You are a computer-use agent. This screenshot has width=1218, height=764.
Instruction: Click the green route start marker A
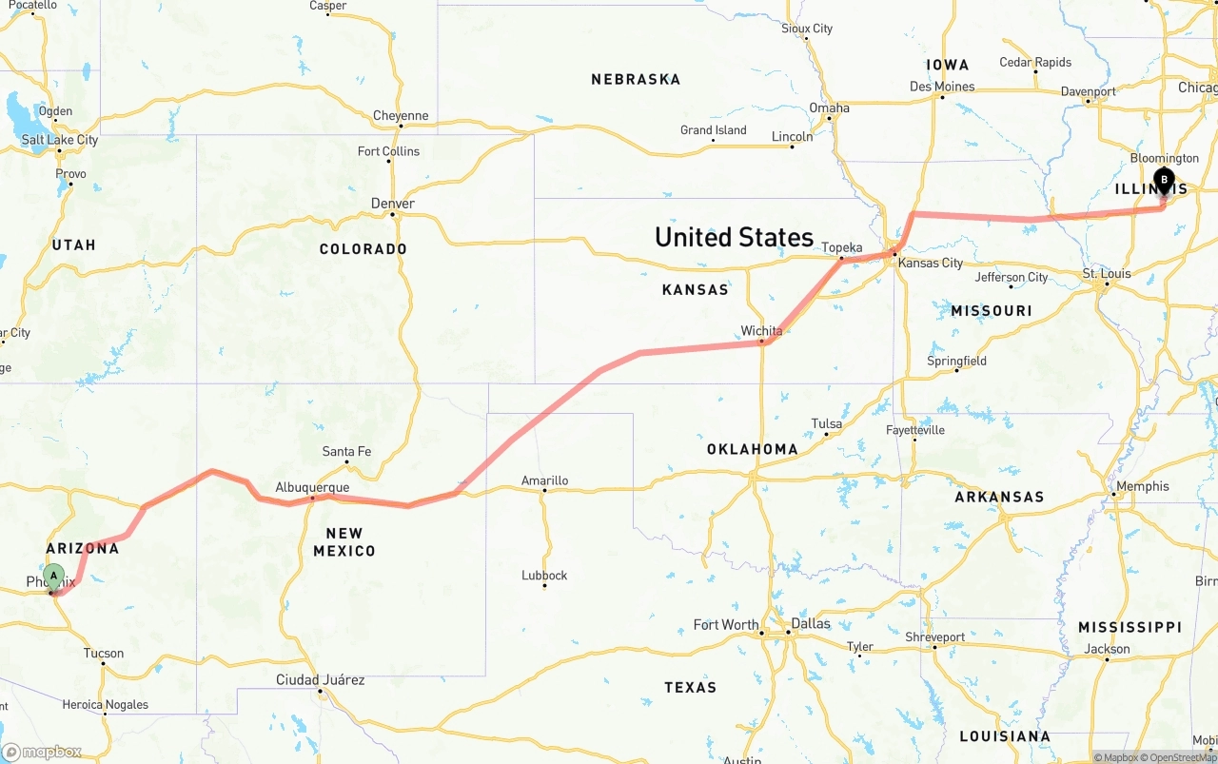pos(54,576)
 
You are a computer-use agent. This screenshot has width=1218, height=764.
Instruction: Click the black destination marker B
pos(1163,180)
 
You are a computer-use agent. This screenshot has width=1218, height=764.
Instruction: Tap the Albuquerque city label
pos(312,487)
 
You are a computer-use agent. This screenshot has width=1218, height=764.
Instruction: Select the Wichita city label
pos(761,331)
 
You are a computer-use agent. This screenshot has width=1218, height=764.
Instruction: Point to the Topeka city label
pos(841,246)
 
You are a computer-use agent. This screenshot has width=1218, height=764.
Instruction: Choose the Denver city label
pos(393,204)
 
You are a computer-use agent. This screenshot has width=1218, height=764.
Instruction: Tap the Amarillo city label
pos(544,480)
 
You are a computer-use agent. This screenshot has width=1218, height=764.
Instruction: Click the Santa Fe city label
pos(346,451)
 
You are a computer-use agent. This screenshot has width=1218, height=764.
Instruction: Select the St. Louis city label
pos(1107,273)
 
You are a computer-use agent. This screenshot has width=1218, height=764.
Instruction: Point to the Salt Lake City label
pos(60,140)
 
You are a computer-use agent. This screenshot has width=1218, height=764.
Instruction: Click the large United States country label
pos(734,237)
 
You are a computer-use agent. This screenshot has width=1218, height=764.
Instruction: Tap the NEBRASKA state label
pos(636,79)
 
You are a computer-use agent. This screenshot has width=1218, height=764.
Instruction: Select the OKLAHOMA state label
pos(752,449)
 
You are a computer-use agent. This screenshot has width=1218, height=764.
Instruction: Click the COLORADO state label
pos(363,249)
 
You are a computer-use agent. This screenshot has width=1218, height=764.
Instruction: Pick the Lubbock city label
pos(544,575)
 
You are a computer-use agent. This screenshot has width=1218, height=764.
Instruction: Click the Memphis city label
pos(1143,486)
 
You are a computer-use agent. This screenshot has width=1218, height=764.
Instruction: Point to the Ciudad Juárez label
pos(320,679)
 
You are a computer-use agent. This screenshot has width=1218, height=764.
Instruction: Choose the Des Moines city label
pos(942,87)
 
